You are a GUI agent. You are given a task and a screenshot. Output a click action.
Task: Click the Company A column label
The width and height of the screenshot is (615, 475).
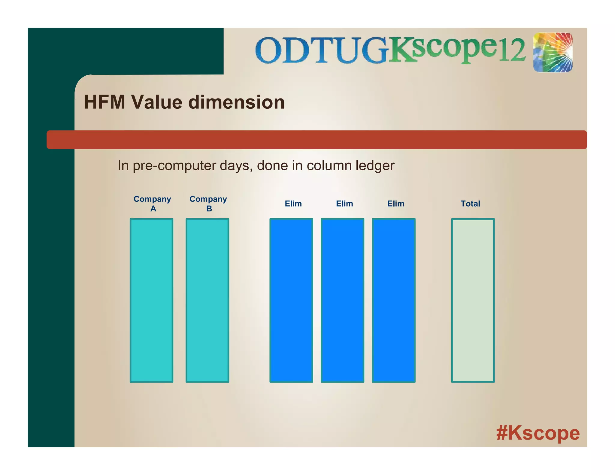click(152, 204)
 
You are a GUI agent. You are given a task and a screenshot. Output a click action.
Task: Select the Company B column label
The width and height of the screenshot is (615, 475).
click(208, 204)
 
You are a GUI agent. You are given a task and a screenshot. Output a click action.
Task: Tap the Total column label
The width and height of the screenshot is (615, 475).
click(470, 204)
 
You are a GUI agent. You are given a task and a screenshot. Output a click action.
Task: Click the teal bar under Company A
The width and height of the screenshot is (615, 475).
click(151, 300)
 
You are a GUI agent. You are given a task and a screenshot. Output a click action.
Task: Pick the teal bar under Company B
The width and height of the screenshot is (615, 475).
click(207, 300)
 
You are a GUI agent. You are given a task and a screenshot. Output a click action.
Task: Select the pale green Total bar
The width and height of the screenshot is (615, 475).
click(473, 300)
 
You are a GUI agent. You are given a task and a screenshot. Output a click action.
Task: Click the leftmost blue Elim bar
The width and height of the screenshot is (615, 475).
click(291, 300)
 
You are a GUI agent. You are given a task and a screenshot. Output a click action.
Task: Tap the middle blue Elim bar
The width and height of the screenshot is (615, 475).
click(342, 300)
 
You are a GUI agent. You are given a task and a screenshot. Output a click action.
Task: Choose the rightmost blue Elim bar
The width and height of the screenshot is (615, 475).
click(394, 300)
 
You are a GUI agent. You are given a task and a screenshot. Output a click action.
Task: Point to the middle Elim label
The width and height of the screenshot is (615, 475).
click(344, 204)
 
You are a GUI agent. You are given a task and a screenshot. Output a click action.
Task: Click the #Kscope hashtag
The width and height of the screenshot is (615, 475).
click(538, 433)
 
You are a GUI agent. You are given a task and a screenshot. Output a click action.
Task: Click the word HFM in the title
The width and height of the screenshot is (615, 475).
click(105, 102)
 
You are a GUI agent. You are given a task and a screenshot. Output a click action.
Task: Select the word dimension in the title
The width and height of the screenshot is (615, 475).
click(236, 102)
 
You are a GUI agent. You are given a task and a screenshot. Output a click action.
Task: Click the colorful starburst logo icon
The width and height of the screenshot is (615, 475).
click(553, 53)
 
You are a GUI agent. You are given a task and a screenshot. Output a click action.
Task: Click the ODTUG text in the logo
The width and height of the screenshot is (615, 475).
click(321, 50)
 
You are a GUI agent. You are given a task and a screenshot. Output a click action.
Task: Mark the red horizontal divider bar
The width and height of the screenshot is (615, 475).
click(317, 140)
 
